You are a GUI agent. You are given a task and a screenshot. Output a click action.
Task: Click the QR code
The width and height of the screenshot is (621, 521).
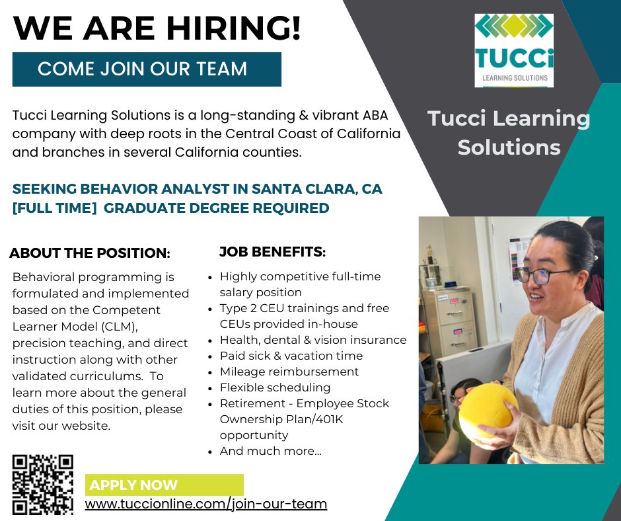click(43, 485)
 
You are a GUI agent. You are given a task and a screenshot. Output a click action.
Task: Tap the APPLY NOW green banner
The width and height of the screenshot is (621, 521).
click(164, 485)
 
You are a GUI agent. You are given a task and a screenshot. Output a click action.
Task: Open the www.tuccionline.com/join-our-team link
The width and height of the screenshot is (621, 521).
click(206, 504)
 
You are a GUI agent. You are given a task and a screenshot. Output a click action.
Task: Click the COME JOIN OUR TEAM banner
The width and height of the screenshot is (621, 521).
click(147, 69)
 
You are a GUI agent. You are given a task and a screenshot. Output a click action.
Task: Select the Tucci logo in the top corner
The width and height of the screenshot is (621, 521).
click(514, 50)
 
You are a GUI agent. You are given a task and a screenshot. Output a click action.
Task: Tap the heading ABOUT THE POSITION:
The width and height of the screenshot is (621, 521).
click(90, 253)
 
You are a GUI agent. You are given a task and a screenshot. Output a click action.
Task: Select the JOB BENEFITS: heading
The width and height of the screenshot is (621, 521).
click(272, 252)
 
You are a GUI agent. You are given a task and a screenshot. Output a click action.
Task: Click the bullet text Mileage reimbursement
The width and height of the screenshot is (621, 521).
click(289, 372)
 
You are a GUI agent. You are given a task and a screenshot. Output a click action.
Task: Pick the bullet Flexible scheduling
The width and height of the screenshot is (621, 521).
click(275, 387)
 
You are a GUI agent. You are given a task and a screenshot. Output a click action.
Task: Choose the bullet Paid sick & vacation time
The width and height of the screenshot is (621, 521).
click(291, 356)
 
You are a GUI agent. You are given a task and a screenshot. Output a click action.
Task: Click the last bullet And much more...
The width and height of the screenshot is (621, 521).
click(271, 451)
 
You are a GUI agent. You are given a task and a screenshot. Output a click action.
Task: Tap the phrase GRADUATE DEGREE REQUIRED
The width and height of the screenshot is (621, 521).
click(217, 208)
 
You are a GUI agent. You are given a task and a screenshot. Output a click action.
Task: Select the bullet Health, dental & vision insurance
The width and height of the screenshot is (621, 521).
click(313, 340)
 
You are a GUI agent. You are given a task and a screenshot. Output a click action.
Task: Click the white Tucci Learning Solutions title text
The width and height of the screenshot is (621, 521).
click(509, 132)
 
